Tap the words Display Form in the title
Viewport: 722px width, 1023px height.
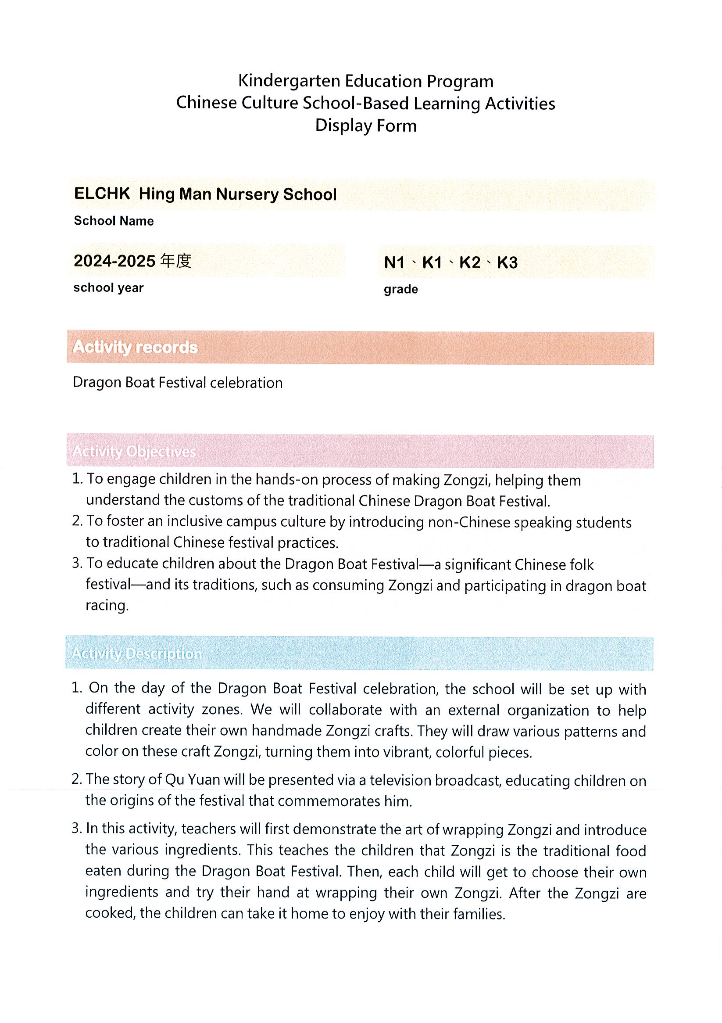click(366, 126)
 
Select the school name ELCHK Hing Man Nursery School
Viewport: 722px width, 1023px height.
click(205, 194)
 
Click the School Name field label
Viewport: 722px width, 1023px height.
click(114, 221)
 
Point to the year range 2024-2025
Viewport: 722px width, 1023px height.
click(114, 261)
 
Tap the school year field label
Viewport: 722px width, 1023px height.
click(108, 288)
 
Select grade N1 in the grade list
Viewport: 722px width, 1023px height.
click(394, 263)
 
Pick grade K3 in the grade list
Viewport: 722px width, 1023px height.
click(507, 263)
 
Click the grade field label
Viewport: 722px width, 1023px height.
click(400, 290)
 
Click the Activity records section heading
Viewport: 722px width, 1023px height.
click(135, 347)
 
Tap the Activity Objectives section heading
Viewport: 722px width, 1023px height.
click(134, 451)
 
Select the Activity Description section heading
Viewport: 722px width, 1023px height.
click(137, 653)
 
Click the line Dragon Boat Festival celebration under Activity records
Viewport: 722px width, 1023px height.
click(178, 383)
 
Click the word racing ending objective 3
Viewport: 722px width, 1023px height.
click(107, 606)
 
